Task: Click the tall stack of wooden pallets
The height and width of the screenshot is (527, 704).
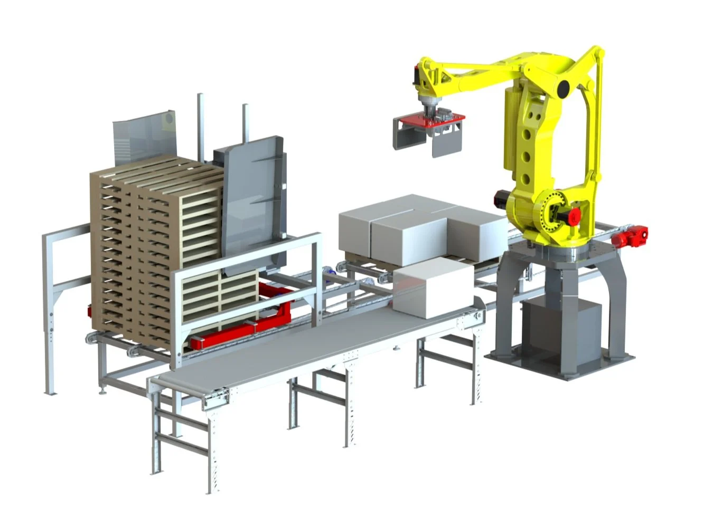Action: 153,248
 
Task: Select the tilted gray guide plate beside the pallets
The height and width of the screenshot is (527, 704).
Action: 254,200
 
